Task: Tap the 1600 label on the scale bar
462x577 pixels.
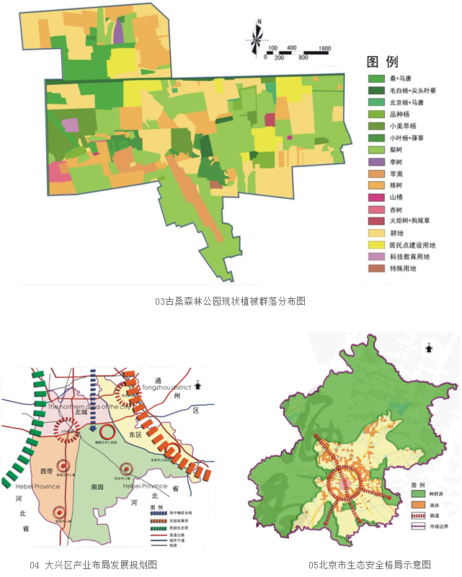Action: (x=324, y=48)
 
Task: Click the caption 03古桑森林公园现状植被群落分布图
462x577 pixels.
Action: (x=230, y=301)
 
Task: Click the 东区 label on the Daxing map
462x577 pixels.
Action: (x=135, y=434)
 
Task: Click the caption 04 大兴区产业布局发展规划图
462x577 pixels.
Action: (x=94, y=564)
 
